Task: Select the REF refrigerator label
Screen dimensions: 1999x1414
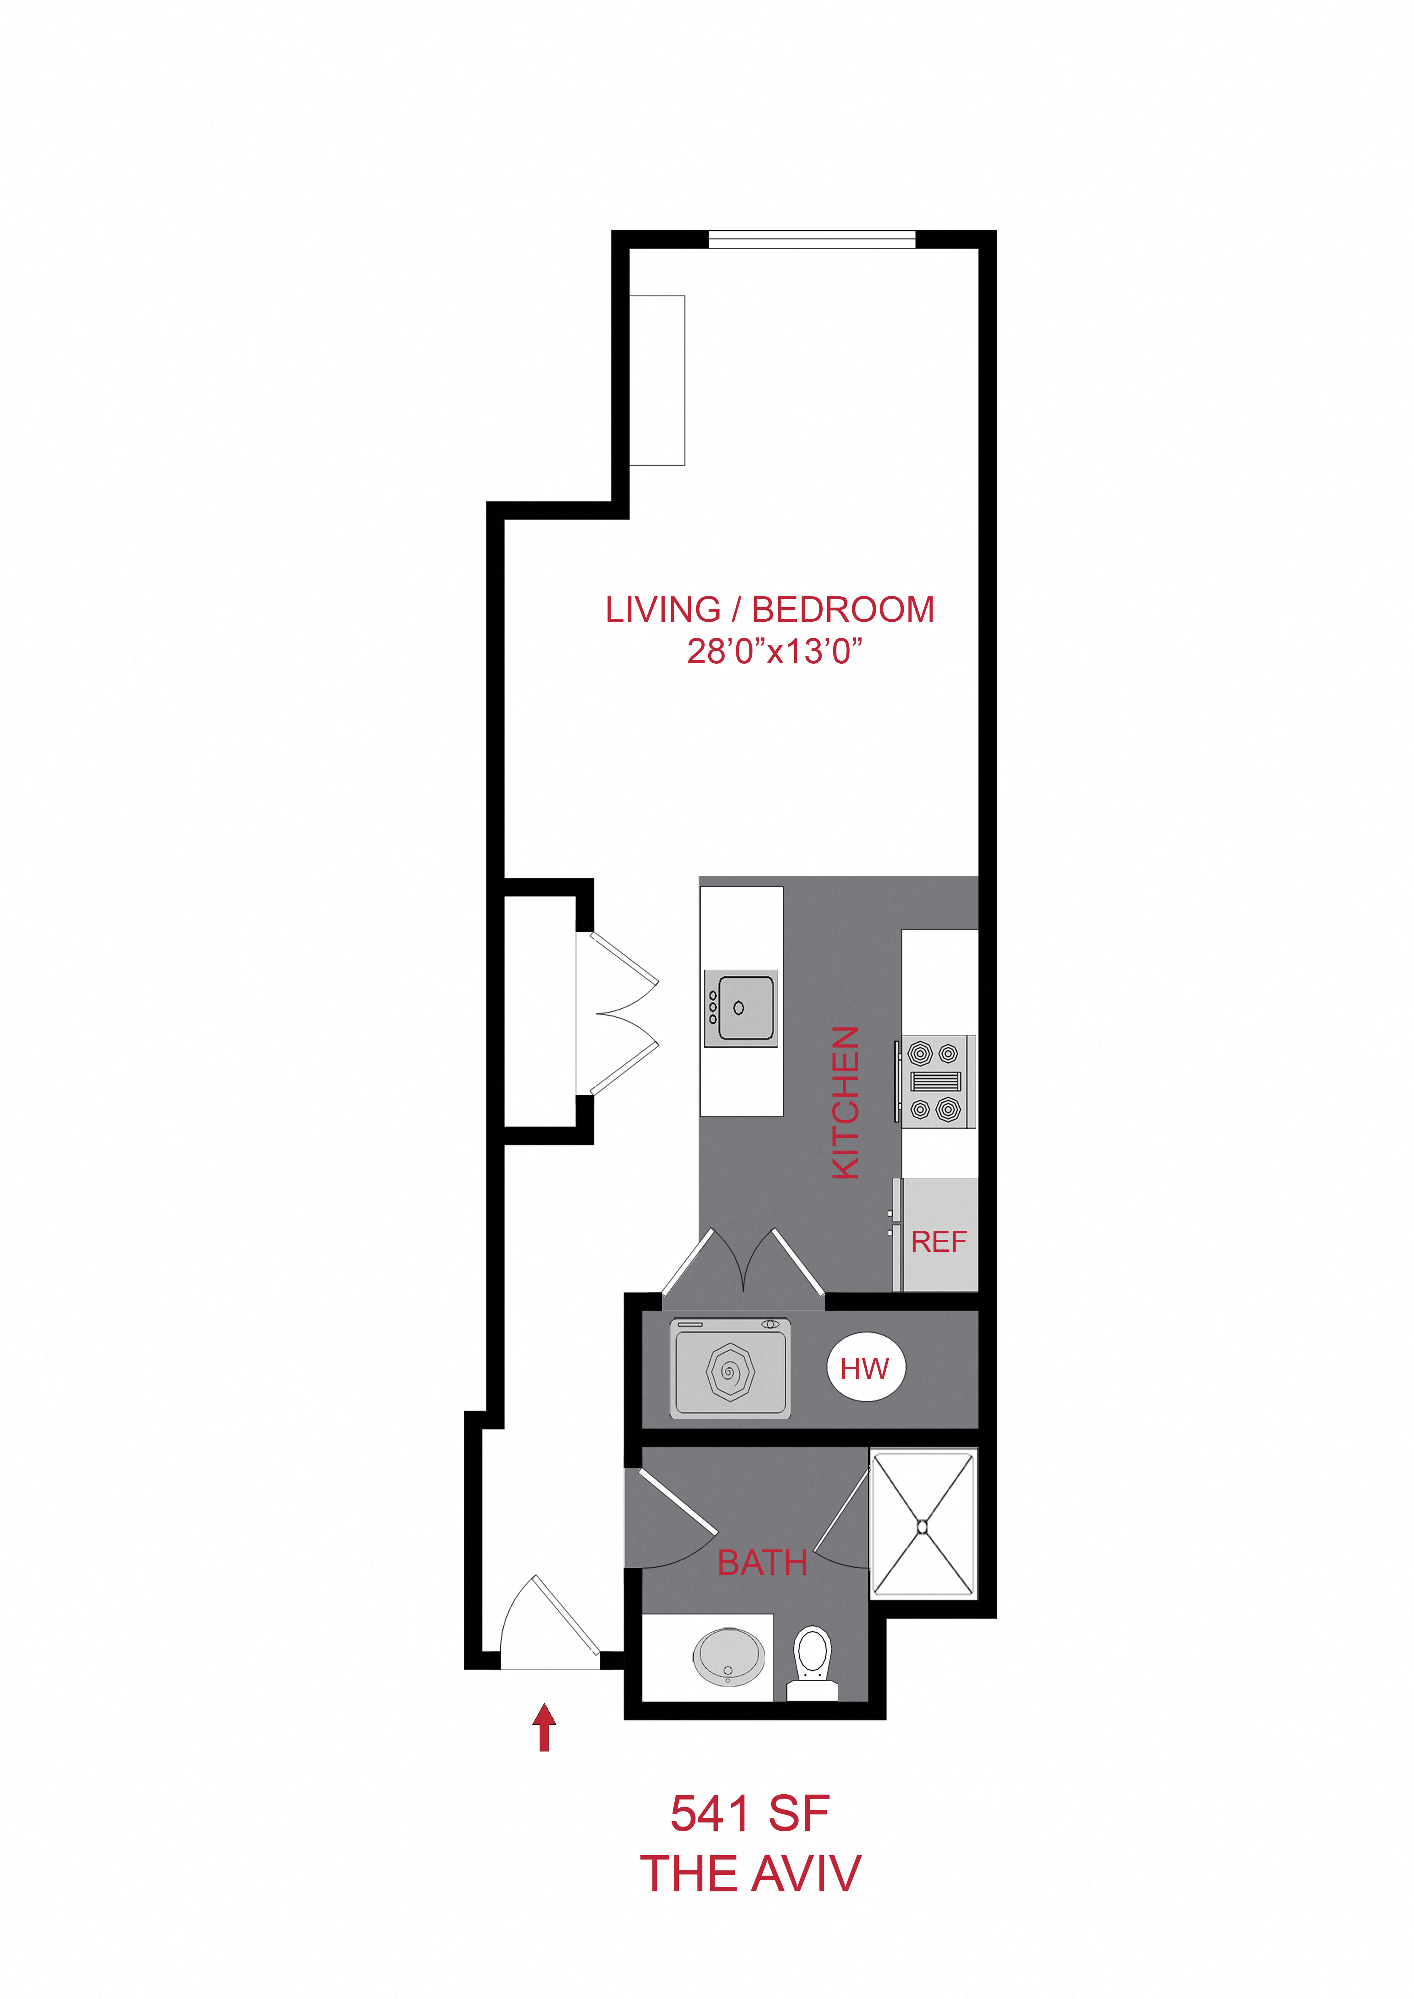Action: [x=938, y=1241]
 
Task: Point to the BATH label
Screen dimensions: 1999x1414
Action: [x=762, y=1563]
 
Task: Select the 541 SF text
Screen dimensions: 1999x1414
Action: [x=750, y=1814]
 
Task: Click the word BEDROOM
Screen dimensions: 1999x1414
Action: [x=843, y=610]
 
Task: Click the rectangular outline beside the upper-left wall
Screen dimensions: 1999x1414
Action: [x=657, y=381]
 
